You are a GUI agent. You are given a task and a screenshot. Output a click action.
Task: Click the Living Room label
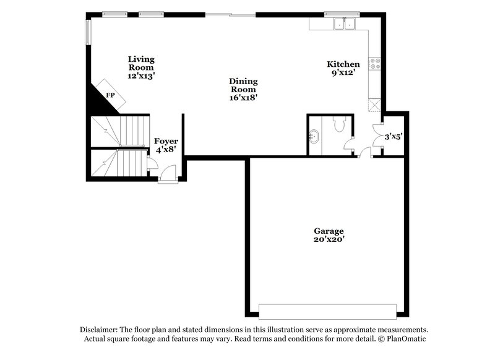(141, 67)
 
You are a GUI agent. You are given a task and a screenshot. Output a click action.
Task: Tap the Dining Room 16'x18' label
(243, 89)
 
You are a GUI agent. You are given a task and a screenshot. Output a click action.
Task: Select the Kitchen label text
(343, 67)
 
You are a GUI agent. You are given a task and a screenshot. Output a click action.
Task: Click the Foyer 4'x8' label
(166, 145)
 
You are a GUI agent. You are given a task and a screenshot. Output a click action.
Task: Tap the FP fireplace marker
(111, 95)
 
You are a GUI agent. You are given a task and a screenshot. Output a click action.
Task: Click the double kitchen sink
(343, 24)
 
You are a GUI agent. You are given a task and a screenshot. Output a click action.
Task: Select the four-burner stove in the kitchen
(374, 62)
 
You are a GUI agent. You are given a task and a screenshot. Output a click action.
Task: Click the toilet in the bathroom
(338, 126)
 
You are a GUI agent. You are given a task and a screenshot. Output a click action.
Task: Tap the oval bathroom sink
(314, 135)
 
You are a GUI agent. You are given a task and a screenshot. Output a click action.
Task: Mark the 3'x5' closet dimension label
(394, 137)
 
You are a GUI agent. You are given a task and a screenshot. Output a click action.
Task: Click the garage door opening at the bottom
(327, 311)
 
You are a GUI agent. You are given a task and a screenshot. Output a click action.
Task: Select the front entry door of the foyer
(167, 179)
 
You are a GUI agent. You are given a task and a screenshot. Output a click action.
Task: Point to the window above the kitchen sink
(342, 13)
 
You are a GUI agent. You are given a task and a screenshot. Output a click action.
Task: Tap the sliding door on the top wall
(230, 13)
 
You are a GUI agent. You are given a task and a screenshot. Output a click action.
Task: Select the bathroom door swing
(350, 147)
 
